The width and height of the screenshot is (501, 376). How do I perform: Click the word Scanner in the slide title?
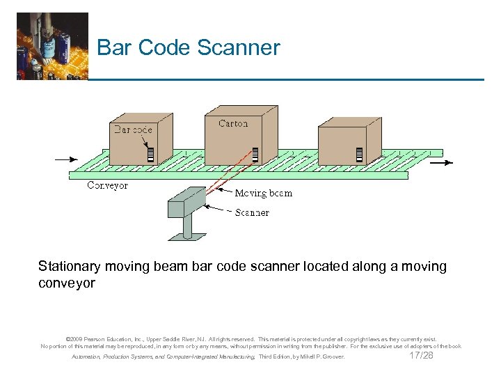click(239, 47)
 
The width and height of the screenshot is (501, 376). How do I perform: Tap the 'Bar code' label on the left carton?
click(133, 129)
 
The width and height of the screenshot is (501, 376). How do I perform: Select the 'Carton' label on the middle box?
click(232, 123)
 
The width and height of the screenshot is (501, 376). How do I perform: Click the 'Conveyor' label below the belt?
click(107, 186)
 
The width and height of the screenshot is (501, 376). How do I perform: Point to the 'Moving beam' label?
click(263, 193)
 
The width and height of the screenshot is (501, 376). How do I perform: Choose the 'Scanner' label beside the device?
click(252, 212)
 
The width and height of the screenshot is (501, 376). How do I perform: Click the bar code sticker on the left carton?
click(150, 153)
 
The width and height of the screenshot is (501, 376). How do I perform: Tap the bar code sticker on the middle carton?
click(255, 154)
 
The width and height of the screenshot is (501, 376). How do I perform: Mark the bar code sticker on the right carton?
click(360, 154)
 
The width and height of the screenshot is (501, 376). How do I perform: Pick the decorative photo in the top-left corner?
click(52, 46)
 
